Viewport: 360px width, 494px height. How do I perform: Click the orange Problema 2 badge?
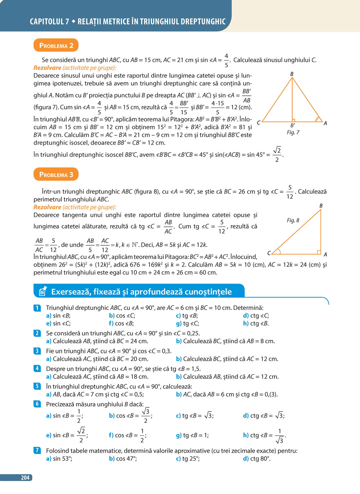point(56,46)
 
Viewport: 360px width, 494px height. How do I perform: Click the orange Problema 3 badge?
point(56,175)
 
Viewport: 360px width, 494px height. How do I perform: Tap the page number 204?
point(25,477)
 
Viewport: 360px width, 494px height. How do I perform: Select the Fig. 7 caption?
point(293,132)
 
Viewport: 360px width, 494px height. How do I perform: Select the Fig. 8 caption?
point(293,220)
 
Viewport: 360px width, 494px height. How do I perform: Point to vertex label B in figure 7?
point(292,74)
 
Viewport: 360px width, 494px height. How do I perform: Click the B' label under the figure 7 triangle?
point(293,126)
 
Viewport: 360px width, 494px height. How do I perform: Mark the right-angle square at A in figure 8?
point(319,252)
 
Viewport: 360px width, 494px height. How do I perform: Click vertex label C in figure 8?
point(269,253)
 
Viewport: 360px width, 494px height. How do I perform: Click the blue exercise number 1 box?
point(37,308)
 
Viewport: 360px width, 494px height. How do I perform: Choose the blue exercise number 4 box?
point(37,368)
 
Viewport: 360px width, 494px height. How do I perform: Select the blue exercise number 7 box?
point(37,450)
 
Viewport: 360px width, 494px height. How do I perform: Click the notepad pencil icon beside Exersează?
point(42,291)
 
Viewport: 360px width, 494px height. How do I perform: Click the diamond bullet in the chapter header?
point(73,22)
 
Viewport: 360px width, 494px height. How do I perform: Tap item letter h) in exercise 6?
point(246,435)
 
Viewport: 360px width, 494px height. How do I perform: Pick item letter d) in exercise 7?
point(246,458)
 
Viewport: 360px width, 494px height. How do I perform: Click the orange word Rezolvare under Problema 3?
point(47,207)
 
